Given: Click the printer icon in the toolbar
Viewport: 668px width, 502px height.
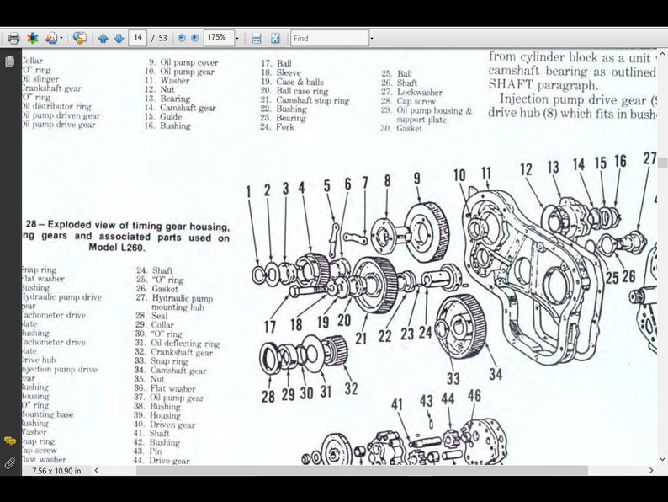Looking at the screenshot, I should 13,38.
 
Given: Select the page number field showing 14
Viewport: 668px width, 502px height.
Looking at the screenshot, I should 137,38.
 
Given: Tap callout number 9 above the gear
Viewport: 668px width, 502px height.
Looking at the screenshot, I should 416,179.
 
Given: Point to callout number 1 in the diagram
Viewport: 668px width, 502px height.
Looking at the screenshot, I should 249,191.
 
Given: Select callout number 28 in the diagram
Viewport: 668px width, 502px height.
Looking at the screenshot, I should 268,396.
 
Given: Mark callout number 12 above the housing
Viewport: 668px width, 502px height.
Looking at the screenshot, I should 526,169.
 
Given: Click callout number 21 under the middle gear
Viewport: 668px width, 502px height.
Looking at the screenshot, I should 361,339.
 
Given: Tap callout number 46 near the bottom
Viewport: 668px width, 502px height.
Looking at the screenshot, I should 474,396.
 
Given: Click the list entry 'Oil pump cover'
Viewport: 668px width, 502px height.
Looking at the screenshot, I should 189,62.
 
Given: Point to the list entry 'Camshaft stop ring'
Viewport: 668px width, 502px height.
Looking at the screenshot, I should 312,101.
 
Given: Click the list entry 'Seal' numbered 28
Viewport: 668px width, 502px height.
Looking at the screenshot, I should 160,316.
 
